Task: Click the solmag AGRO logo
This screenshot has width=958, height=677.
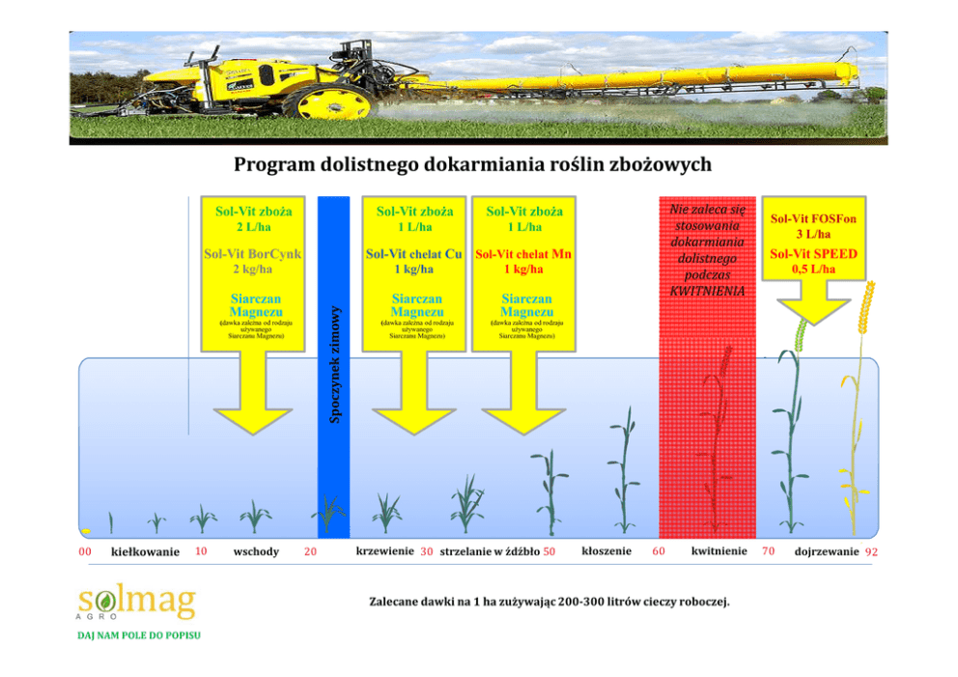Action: [x=136, y=605]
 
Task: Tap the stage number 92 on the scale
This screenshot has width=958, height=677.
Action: [x=872, y=551]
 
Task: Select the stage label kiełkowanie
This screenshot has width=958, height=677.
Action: [x=146, y=551]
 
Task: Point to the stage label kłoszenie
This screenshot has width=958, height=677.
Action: [x=607, y=550]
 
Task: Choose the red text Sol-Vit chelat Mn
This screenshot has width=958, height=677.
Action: [x=524, y=254]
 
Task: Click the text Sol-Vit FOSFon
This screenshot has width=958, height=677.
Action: [x=812, y=218]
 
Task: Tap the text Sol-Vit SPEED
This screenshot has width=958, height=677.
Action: [x=812, y=254]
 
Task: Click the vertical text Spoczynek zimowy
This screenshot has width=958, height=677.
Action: [x=334, y=364]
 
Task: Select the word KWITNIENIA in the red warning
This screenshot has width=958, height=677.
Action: [x=708, y=291]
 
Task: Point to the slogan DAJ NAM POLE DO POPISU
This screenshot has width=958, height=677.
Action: [x=139, y=635]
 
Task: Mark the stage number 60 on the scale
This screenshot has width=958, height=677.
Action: [x=658, y=551]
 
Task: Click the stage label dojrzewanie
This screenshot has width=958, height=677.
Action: [x=826, y=551]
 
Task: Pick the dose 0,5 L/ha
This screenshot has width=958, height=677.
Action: [x=813, y=269]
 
